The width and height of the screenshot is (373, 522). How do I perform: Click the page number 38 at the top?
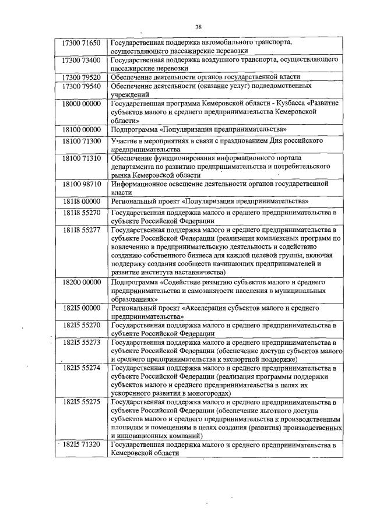pyautogui.click(x=198, y=27)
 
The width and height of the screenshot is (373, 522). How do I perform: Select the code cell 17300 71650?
pyautogui.click(x=82, y=43)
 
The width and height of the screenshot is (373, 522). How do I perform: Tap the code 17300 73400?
pyautogui.click(x=82, y=60)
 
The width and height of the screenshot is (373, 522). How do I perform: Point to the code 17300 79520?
pyautogui.click(x=82, y=77)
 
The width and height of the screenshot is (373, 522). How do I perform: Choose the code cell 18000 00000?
pyautogui.click(x=82, y=104)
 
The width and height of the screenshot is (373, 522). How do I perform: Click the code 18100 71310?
pyautogui.click(x=82, y=158)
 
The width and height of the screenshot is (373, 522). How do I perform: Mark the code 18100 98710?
pyautogui.click(x=82, y=184)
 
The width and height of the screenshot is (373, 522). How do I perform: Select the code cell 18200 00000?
pyautogui.click(x=82, y=281)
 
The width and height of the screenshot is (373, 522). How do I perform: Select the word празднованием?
pyautogui.click(x=240, y=141)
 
